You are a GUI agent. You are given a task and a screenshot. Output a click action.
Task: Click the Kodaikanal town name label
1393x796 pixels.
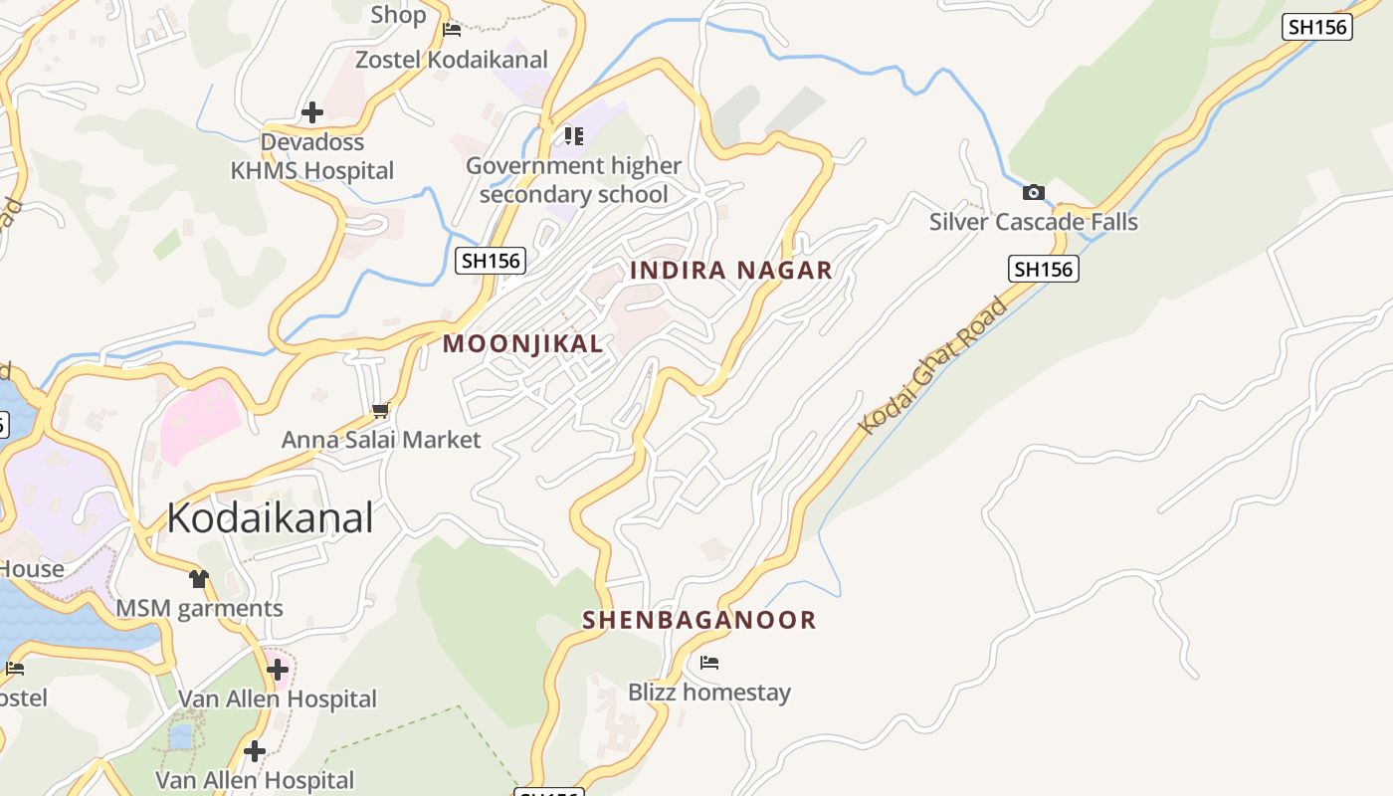pos(270,518)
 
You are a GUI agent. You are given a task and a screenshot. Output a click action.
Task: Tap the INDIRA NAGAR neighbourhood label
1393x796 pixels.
pos(731,271)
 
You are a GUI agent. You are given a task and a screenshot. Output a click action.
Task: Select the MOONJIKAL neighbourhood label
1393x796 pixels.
pos(522,344)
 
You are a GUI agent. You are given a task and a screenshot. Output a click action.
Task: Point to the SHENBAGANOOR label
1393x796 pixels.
pos(698,620)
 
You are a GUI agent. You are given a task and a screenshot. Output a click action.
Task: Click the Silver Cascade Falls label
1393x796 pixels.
pos(1033,222)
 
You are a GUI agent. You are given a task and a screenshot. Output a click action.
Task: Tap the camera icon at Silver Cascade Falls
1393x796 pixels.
pos(1034,192)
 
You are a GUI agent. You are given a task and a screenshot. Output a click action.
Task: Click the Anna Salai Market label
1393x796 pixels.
pos(381,440)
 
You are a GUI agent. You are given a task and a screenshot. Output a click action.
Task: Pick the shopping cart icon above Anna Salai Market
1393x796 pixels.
pos(380,410)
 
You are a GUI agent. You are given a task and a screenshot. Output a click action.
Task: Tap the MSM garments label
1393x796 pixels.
pos(199,609)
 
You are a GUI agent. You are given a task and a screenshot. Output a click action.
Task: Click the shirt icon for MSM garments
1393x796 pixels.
pos(199,579)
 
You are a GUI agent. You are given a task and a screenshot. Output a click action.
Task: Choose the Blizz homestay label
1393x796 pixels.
pos(708,693)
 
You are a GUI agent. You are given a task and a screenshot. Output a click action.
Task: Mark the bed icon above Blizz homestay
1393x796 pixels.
pos(709,663)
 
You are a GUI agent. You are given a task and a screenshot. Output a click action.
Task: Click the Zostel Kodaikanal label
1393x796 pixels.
pos(452,60)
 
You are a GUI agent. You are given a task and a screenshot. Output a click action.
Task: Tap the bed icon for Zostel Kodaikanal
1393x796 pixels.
pos(452,30)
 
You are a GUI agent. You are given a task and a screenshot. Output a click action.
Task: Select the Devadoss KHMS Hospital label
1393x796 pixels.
pos(312,157)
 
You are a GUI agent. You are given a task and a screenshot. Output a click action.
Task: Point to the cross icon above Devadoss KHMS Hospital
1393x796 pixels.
pos(312,112)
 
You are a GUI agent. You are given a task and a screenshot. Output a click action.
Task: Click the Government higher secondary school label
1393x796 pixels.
pos(573,180)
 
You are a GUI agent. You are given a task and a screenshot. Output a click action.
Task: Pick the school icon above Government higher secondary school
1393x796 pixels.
pos(573,135)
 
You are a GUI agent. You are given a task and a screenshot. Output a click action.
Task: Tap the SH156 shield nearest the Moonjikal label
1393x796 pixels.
pos(491,261)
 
